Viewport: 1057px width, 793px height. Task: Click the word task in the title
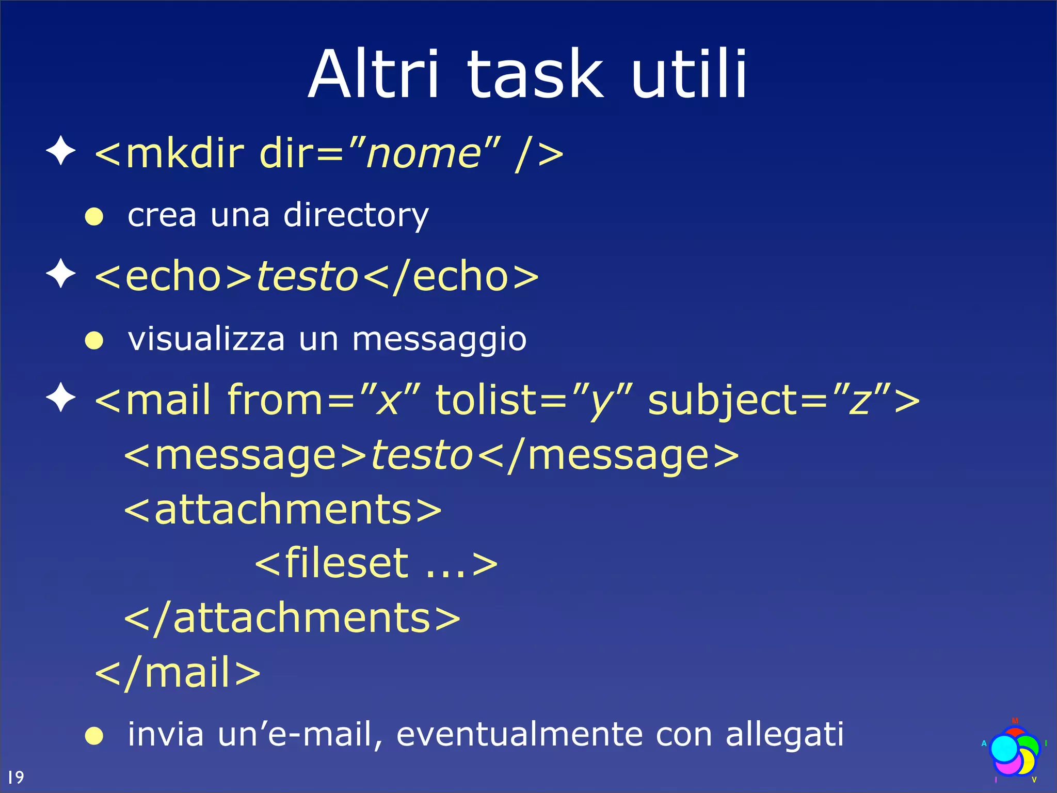tap(535, 75)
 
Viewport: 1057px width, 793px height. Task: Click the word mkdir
tap(184, 154)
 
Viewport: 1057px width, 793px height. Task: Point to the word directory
tap(356, 215)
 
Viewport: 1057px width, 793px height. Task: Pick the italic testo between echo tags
tap(307, 277)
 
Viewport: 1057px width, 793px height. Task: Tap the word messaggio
tap(439, 340)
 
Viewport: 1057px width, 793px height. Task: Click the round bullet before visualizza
tap(94, 340)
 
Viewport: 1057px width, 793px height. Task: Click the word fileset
tap(347, 563)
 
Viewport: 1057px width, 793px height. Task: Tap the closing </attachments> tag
tap(292, 618)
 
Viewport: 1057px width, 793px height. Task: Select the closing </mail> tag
tap(178, 673)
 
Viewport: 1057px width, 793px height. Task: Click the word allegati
tap(784, 734)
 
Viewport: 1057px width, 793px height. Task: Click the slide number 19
tap(15, 777)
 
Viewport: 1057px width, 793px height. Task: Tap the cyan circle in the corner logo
tap(1004, 749)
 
